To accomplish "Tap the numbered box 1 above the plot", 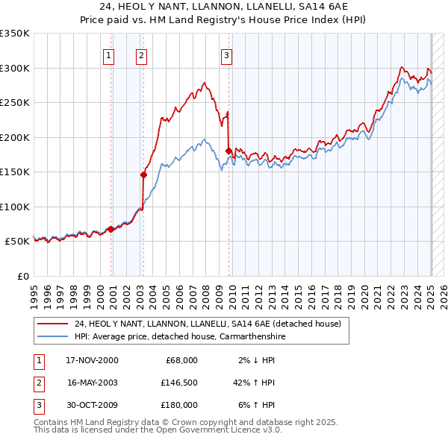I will point(109,54).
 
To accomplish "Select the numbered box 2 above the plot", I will point(141,54).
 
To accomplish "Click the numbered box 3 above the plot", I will point(226,54).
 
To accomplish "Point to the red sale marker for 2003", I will point(144,175).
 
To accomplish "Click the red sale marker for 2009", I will point(228,151).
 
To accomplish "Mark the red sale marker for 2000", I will point(111,229).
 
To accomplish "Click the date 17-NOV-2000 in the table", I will point(92,360).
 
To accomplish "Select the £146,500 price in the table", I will point(178,383).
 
